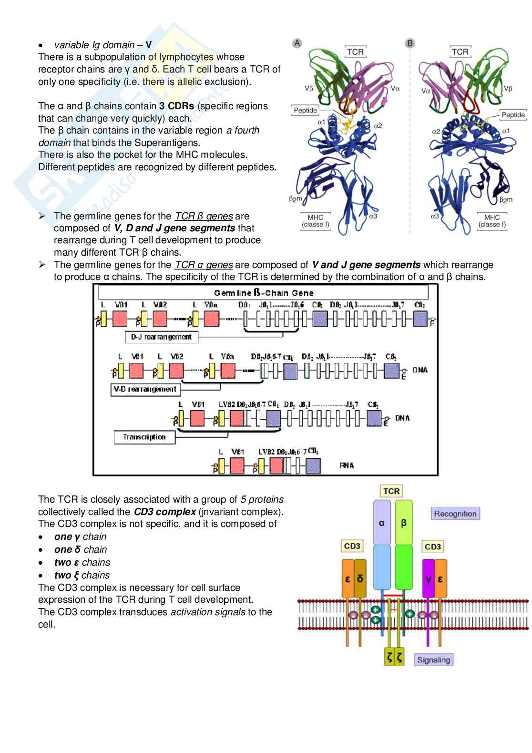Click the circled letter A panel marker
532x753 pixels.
tap(297, 43)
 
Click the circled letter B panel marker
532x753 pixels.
tap(409, 43)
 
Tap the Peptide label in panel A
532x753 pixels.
tap(306, 111)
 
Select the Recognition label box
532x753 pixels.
tap(455, 514)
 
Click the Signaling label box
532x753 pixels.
tap(433, 660)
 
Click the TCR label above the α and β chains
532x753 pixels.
tap(391, 491)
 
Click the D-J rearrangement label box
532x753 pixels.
tap(161, 337)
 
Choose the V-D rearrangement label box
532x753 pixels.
tap(145, 390)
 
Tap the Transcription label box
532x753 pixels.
tap(144, 437)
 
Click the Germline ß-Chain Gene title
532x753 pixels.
tap(264, 293)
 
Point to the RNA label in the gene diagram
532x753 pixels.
tap(347, 465)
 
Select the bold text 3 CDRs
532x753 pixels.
tap(177, 106)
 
